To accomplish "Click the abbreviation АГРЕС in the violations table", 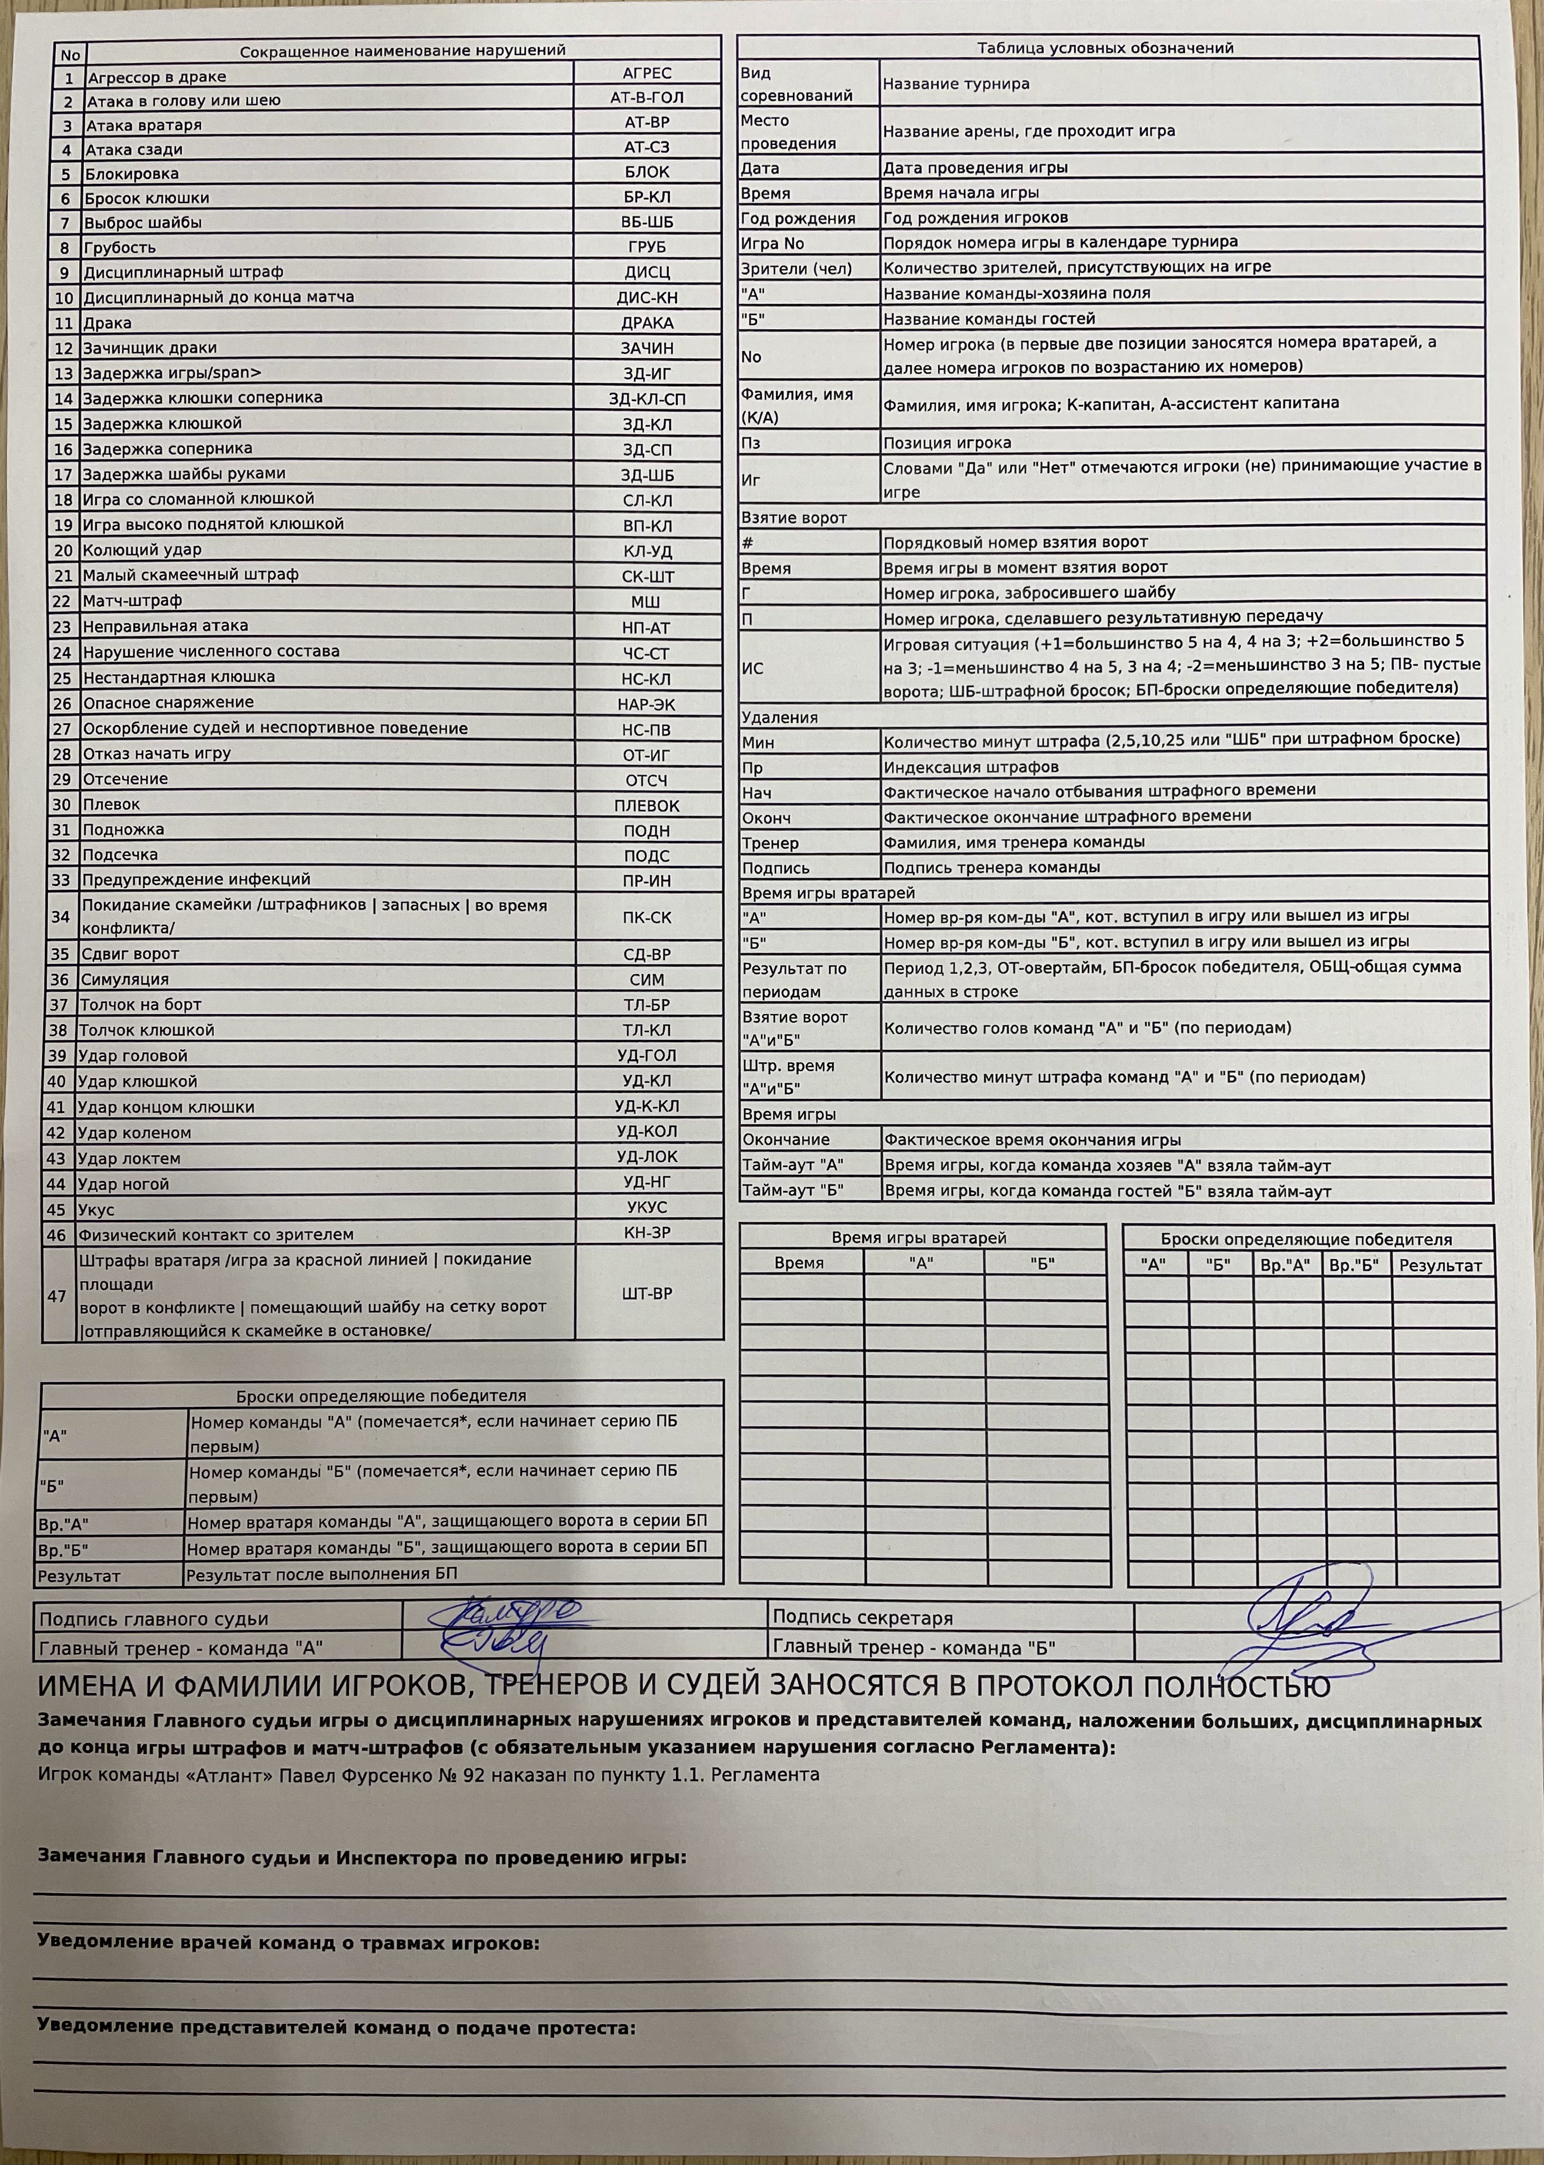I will pyautogui.click(x=646, y=73).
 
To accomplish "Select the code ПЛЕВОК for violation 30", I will pyautogui.click(x=646, y=805).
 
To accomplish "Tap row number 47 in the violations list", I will pyautogui.click(x=56, y=1296).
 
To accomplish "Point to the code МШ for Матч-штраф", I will pyautogui.click(x=646, y=602).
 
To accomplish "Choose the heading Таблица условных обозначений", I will pyautogui.click(x=1105, y=48).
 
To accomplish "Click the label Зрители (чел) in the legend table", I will pyautogui.click(x=796, y=268).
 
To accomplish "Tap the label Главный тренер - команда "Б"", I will pyautogui.click(x=913, y=1648).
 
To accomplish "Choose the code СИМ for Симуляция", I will pyautogui.click(x=646, y=979).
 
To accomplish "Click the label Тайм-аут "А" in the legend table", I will pyautogui.click(x=793, y=1165).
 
